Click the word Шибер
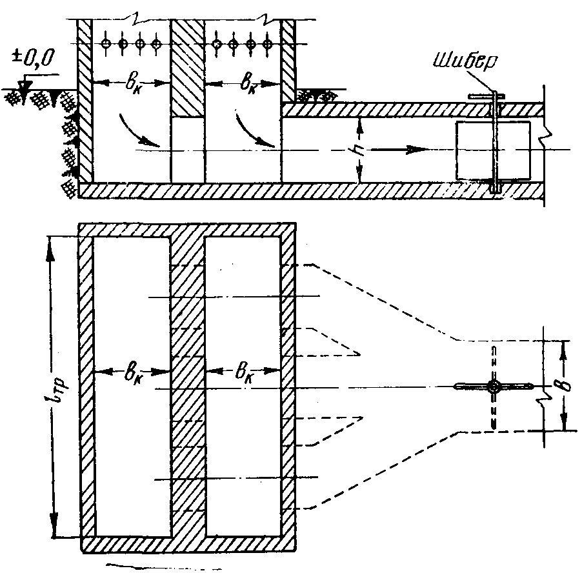467,61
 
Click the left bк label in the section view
132,85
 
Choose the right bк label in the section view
248,85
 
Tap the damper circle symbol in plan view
494,387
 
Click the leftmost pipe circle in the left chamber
106,43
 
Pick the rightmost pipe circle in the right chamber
266,44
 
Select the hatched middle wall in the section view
188,68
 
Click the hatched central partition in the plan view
188,386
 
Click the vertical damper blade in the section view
494,141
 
